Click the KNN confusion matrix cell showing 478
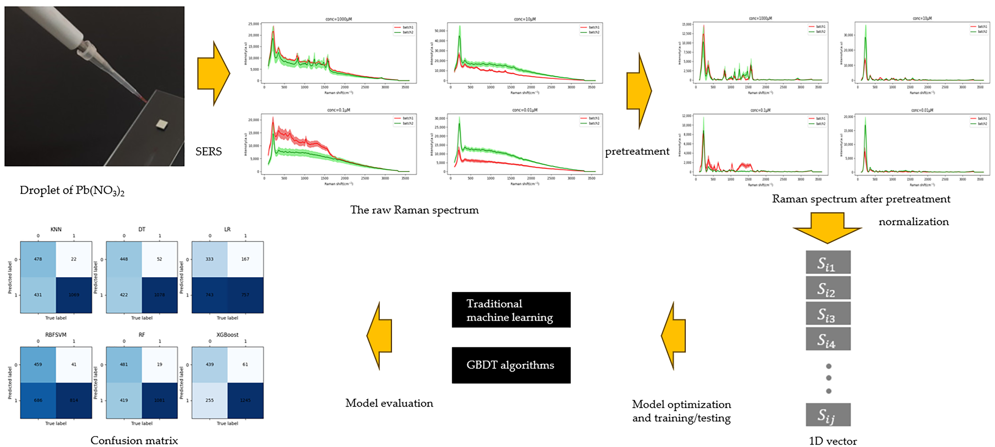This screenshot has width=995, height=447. (x=38, y=259)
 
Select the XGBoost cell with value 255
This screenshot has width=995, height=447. (x=209, y=400)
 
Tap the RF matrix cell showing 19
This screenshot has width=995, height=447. (x=160, y=364)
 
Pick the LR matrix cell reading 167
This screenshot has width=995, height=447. (x=245, y=259)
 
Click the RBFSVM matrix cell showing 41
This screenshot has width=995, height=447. (x=74, y=364)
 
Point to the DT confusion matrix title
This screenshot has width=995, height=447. (x=142, y=229)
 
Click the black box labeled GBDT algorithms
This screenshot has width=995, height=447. (x=511, y=365)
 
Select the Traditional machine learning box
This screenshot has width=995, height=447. (x=511, y=310)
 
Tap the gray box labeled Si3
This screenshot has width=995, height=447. (x=828, y=313)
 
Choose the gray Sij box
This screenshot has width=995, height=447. (x=828, y=415)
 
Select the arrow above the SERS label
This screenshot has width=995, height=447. (x=213, y=74)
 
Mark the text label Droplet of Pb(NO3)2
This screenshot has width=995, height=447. (x=72, y=190)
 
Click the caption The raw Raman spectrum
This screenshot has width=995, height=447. (x=414, y=210)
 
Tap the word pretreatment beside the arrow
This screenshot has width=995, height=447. (x=637, y=151)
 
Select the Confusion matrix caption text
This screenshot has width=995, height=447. (x=134, y=440)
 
